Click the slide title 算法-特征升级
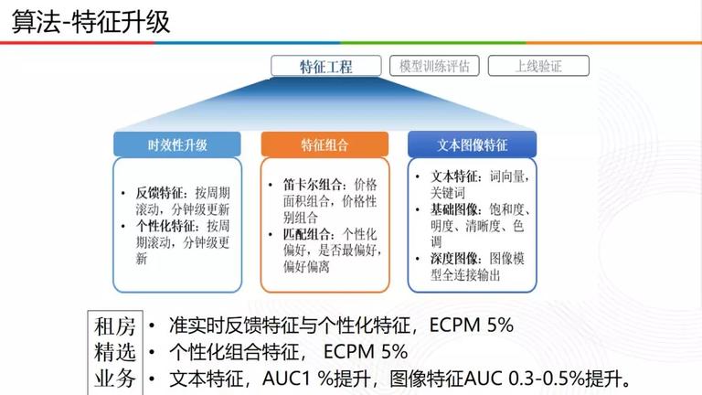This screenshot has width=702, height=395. (90, 21)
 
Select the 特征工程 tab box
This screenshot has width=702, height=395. (326, 66)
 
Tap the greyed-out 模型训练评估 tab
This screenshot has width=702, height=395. (434, 66)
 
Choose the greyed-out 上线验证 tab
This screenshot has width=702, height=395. (538, 66)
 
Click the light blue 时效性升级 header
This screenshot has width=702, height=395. (177, 144)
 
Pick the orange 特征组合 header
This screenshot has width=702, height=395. (324, 144)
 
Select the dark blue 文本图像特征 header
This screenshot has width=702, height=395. (472, 144)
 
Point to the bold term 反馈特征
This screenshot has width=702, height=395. (159, 193)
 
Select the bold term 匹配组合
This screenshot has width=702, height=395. (306, 234)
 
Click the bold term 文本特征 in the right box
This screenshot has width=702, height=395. (453, 176)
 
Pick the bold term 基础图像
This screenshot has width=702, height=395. (453, 209)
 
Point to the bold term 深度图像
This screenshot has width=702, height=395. (453, 259)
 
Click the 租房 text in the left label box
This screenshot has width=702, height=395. (114, 326)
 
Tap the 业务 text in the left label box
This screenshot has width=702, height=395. (114, 379)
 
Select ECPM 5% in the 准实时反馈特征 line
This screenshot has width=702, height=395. (471, 326)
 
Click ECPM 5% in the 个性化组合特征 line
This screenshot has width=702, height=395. (366, 352)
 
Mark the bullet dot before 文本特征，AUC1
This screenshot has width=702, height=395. (152, 379)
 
